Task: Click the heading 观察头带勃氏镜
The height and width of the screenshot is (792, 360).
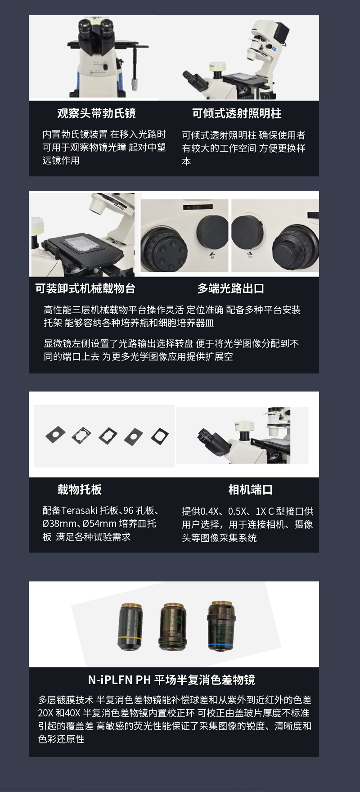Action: click(x=96, y=113)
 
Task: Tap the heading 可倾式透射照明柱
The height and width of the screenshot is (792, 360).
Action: click(x=237, y=113)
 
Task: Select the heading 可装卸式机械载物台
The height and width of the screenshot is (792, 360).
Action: click(x=85, y=288)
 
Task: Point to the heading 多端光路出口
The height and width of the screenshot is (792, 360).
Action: click(x=231, y=288)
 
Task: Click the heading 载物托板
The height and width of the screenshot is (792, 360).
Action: click(x=80, y=489)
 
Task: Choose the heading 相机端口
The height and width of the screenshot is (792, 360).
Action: click(x=251, y=490)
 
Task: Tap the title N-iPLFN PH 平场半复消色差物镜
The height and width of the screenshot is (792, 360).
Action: click(x=171, y=679)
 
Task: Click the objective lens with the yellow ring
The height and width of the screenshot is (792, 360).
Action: click(x=130, y=626)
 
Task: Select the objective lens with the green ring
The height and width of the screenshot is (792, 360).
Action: click(x=173, y=626)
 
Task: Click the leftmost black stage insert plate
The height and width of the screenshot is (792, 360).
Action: click(x=55, y=434)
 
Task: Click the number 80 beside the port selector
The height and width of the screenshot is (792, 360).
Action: click(x=212, y=258)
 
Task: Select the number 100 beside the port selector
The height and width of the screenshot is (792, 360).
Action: click(x=250, y=257)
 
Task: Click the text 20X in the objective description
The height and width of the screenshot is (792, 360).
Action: click(x=45, y=713)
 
